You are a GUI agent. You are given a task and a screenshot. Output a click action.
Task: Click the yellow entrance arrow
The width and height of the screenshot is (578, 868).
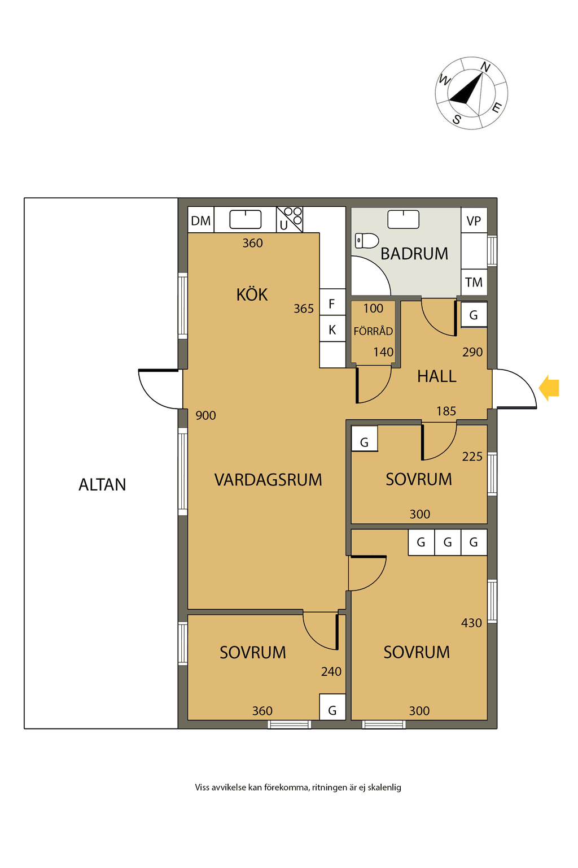pos(549,388)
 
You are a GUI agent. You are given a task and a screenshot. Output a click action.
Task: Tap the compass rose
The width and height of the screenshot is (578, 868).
pos(471,93)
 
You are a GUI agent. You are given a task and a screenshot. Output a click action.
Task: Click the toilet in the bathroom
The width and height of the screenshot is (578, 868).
pos(366,241)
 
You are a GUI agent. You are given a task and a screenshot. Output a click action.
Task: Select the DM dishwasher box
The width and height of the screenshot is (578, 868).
pos(201,220)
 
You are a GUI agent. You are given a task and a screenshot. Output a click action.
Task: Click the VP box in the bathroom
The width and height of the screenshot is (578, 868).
pos(474,220)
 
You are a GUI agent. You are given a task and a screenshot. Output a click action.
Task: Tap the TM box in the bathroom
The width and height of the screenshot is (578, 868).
pos(474,283)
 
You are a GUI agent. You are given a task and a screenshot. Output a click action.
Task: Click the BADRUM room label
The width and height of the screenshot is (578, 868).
pos(414,254)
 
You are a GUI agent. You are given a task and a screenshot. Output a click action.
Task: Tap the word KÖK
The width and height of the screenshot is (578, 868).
pos(252,294)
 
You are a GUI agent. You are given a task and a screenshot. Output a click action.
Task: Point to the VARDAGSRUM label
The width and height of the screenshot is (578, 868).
pos(268,480)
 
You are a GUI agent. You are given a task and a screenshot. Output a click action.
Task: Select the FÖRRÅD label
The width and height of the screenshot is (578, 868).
pos(373,331)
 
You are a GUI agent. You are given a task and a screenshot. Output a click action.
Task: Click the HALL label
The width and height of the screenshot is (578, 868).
pos(437,376)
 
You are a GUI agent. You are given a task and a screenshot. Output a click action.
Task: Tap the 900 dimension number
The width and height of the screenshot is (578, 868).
pos(205,415)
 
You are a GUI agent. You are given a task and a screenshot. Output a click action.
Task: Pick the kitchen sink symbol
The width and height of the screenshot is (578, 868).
pos(246,219)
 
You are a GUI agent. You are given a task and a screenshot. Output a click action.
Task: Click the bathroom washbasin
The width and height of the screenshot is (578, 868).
pos(404,219)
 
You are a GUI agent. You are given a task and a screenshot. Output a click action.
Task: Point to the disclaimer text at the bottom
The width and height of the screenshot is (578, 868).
pos(298,787)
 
